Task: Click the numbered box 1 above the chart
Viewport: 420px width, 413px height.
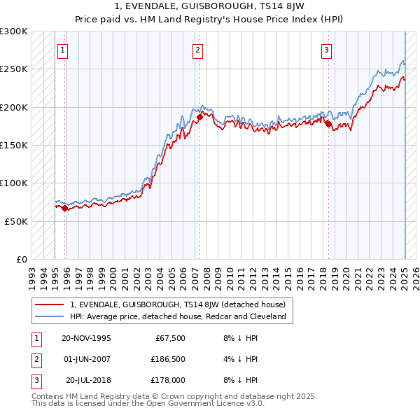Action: click(63, 50)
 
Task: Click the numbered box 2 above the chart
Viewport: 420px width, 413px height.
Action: click(198, 50)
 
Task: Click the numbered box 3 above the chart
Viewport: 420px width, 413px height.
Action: click(327, 50)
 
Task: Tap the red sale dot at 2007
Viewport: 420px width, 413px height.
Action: click(199, 118)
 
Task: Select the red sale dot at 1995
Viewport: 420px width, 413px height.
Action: click(65, 208)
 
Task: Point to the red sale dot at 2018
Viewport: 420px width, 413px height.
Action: click(328, 124)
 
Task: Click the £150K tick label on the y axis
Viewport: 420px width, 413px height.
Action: click(14, 145)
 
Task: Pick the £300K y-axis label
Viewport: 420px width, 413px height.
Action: click(14, 31)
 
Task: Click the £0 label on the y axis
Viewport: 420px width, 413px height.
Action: click(21, 259)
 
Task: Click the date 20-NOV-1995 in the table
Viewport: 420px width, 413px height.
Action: click(86, 339)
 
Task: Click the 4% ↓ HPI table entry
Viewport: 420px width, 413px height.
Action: click(241, 359)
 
